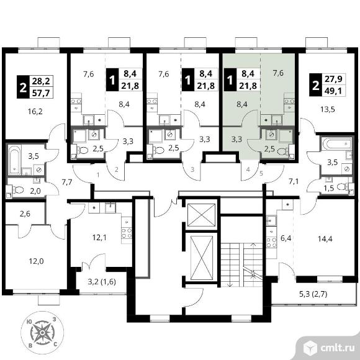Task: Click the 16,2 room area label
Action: click(35, 112)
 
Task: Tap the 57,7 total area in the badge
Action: click(41, 93)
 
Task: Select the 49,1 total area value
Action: click(333, 91)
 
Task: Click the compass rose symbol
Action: click(42, 333)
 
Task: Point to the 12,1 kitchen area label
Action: click(99, 237)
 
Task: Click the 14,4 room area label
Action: click(325, 239)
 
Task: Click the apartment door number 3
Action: click(192, 169)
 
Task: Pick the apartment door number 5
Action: click(261, 173)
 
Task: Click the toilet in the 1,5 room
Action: click(343, 187)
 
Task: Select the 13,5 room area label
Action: click(327, 109)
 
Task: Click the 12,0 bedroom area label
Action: click(36, 261)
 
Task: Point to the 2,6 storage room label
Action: click(25, 214)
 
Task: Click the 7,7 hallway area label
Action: click(67, 182)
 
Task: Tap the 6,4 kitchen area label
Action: click(286, 238)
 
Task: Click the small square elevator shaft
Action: click(201, 215)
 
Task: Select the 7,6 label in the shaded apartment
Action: click(278, 73)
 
